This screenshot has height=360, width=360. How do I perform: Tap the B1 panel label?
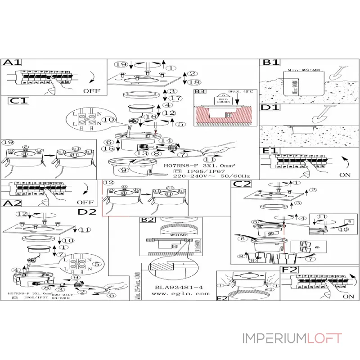(x=271, y=63)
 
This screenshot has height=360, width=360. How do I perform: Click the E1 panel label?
(x=271, y=150)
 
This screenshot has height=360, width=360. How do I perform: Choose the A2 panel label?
(x=12, y=203)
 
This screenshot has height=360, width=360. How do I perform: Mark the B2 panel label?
(x=148, y=220)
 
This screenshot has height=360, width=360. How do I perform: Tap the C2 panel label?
(x=242, y=184)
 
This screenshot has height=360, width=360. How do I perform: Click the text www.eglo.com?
(x=181, y=293)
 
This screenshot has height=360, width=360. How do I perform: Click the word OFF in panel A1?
(x=92, y=90)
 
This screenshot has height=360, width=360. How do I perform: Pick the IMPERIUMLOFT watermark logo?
(x=292, y=338)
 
